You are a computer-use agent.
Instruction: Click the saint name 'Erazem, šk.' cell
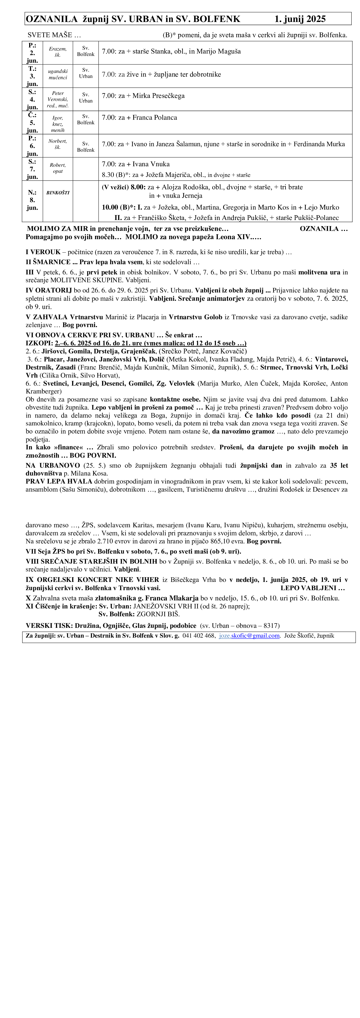coord(58,52)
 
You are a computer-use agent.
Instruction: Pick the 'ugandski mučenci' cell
coord(58,74)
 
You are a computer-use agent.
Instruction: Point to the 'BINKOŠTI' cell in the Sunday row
coord(58,193)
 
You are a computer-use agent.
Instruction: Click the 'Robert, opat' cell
coord(58,168)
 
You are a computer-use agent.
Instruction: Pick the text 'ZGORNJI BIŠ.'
coord(158,614)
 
